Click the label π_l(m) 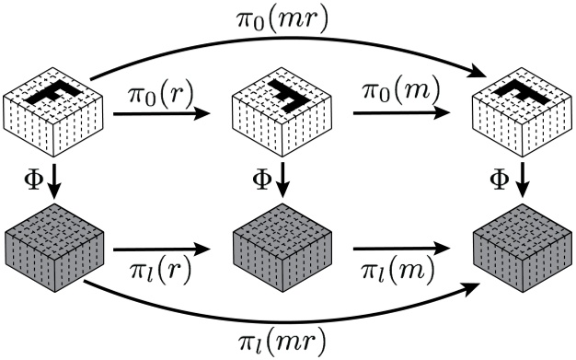pyautogui.click(x=389, y=274)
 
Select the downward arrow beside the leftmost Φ pyautogui.click(x=53, y=180)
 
